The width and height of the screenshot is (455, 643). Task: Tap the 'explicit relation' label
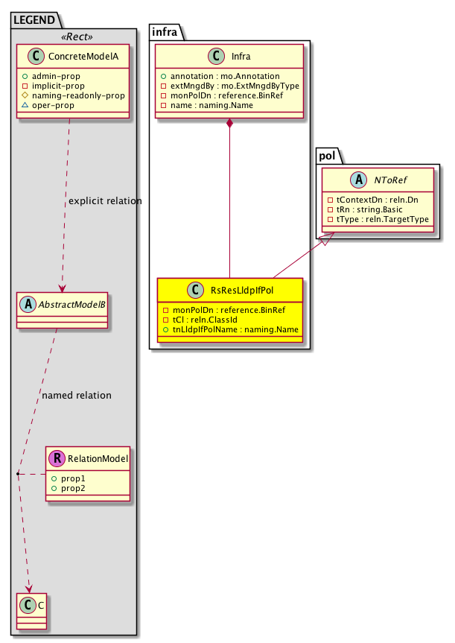104,201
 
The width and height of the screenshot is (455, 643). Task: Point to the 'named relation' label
77,395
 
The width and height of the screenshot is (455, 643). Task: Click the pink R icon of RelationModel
57,458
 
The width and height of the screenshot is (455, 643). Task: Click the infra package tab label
165,31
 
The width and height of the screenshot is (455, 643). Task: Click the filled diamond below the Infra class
230,123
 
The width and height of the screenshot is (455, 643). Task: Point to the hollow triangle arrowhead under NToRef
325,240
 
